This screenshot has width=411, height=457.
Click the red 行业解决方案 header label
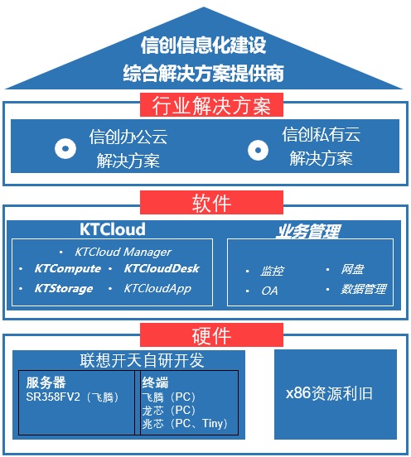211,105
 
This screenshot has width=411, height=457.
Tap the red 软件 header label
211,203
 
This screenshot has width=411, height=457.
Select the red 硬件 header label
211,334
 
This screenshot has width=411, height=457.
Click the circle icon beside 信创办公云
65,148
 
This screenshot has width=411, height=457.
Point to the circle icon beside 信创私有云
259,150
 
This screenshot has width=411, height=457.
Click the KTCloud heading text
113,229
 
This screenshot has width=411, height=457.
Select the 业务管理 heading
308,231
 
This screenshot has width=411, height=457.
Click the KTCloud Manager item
123,253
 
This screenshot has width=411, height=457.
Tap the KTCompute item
68,268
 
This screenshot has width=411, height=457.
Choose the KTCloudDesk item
162,268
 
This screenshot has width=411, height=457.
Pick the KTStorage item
64,289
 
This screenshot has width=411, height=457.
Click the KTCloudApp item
157,289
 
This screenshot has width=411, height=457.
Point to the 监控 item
272,271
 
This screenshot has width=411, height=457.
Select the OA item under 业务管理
269,291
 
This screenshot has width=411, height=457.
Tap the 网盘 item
352,269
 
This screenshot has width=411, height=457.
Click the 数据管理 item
364,289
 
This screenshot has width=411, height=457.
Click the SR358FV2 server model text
53,397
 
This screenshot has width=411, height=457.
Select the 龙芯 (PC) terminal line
168,411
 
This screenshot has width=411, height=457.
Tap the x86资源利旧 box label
329,393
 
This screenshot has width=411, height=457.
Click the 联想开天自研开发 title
142,360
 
